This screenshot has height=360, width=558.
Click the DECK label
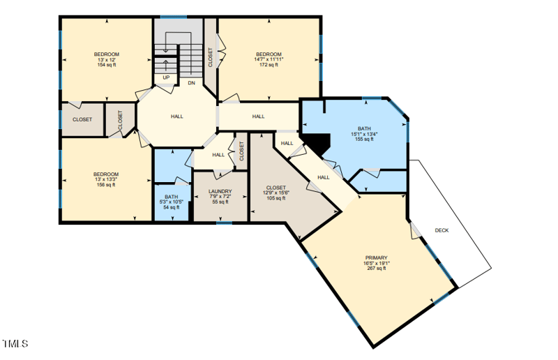tap(442, 230)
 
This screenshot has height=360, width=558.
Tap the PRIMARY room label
tap(376, 257)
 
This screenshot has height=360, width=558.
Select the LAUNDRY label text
tap(220, 191)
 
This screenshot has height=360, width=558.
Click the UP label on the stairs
tap(166, 77)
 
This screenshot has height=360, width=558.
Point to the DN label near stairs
tap(190, 82)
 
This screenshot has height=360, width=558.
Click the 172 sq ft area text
tap(269, 65)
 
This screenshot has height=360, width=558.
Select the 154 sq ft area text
tap(107, 65)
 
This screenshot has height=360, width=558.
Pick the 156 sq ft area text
tap(107, 185)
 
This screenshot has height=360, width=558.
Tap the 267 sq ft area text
tap(376, 269)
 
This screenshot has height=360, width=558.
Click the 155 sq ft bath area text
tap(364, 140)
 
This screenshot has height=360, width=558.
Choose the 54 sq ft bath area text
tap(171, 207)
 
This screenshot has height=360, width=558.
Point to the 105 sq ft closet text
tap(275, 198)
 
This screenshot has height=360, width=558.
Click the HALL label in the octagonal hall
tap(177, 117)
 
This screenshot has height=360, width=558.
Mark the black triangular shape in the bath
tap(317, 143)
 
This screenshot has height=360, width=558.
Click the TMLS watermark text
tap(15, 344)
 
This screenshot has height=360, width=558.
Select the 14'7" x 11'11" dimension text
tap(269, 59)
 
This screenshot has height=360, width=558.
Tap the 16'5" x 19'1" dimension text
tap(376, 263)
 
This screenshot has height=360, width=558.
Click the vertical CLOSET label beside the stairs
tap(210, 57)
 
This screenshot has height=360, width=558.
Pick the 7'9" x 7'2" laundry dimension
tap(220, 197)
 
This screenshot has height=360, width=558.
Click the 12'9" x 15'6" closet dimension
tap(275, 193)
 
